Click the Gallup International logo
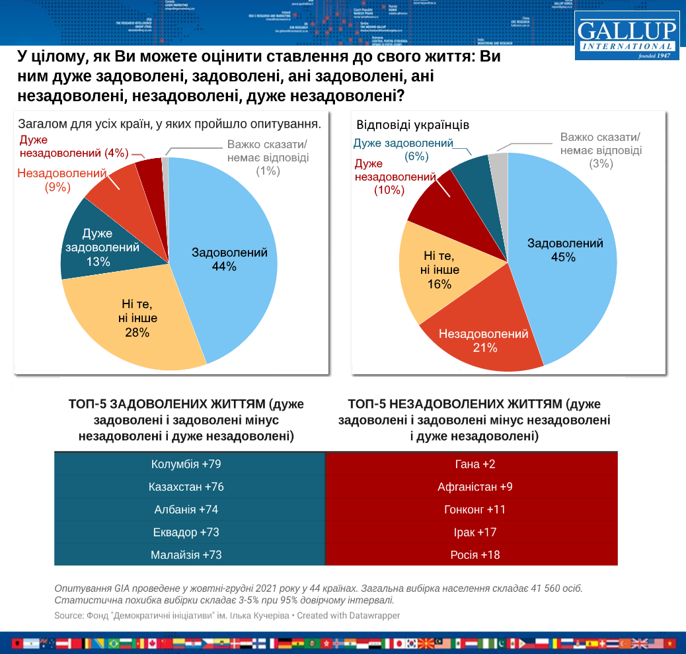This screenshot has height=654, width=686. [627, 36]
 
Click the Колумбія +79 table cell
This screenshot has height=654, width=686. [190, 464]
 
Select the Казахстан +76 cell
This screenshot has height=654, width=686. [190, 487]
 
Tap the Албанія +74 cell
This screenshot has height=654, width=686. [190, 509]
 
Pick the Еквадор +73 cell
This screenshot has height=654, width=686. [190, 532]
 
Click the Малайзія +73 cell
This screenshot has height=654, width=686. [190, 554]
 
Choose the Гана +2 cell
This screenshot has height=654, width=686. [471, 464]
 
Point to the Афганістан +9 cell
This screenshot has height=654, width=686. [471, 487]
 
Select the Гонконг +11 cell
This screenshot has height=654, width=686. [471, 509]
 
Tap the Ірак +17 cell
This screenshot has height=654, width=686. [471, 532]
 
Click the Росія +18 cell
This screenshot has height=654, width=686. [471, 554]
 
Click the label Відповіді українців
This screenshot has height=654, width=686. [413, 125]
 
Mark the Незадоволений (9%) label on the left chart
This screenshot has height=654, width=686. [62, 180]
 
